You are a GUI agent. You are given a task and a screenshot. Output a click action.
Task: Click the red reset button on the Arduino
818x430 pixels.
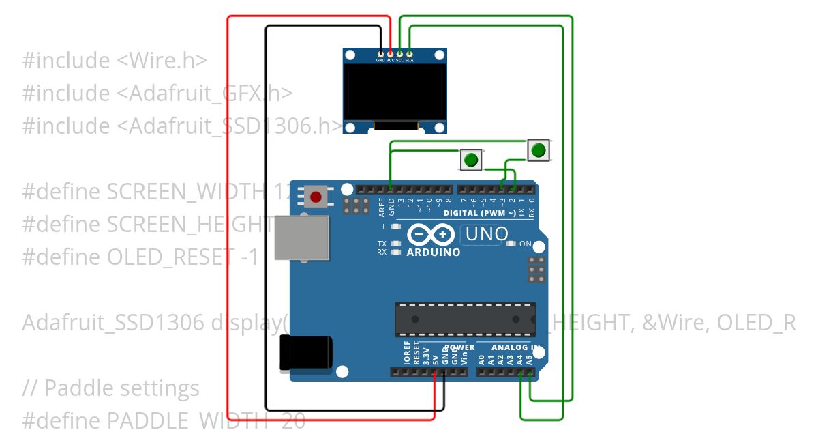(x=315, y=197)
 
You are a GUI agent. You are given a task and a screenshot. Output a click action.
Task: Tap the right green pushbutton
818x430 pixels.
(x=538, y=149)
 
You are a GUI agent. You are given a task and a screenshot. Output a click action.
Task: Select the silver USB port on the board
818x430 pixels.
(x=301, y=238)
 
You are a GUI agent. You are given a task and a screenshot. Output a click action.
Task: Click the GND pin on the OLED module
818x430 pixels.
(x=380, y=53)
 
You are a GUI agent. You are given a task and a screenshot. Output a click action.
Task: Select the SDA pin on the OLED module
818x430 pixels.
(x=409, y=53)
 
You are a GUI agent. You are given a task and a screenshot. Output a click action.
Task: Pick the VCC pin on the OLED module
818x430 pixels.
(x=390, y=53)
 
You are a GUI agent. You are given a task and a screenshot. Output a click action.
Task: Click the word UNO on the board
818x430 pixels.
(x=487, y=234)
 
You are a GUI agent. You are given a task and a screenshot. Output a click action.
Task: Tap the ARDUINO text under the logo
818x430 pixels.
(x=433, y=252)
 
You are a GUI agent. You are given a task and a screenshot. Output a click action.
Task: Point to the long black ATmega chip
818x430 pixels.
(x=465, y=319)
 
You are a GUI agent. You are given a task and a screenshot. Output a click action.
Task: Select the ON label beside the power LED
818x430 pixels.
(x=526, y=244)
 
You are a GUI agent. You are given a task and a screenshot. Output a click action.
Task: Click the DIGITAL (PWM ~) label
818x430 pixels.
(x=481, y=213)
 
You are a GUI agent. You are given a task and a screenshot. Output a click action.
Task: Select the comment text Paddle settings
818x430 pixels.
(x=122, y=388)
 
